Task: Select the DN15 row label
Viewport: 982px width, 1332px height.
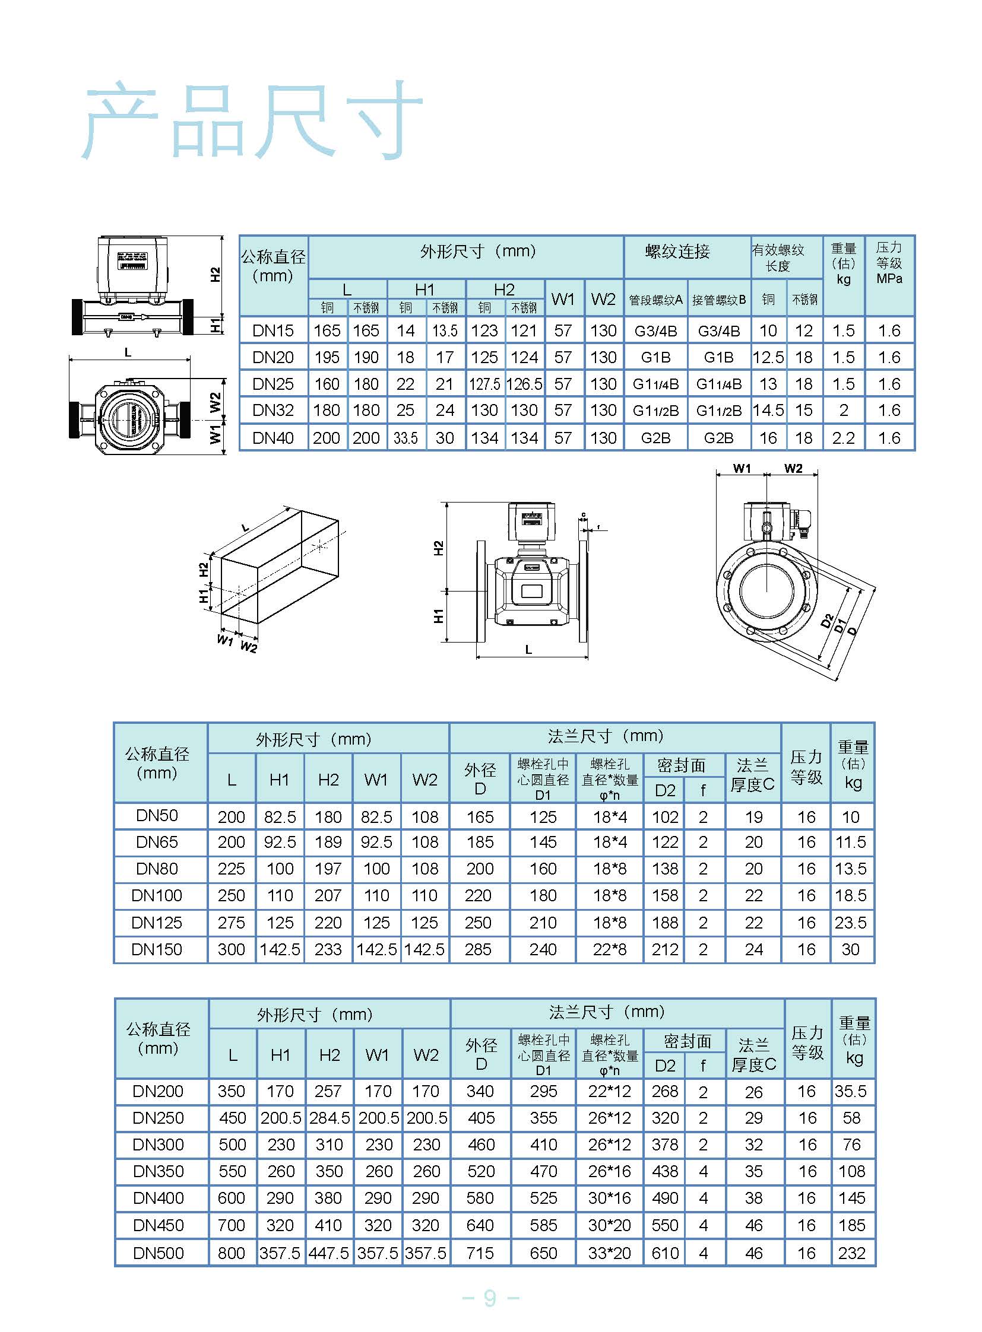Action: pyautogui.click(x=273, y=330)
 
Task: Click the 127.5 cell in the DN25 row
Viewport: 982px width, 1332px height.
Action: pyautogui.click(x=484, y=384)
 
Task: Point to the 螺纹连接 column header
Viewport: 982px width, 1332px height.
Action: pyautogui.click(x=677, y=252)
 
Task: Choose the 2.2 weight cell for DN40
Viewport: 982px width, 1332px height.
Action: pyautogui.click(x=843, y=438)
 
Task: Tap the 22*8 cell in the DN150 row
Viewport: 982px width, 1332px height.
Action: pyautogui.click(x=609, y=949)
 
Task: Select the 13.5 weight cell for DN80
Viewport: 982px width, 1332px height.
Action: pyautogui.click(x=851, y=869)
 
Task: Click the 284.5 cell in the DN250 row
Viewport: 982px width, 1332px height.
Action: pyautogui.click(x=329, y=1118)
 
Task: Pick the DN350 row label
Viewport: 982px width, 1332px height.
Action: pyautogui.click(x=158, y=1171)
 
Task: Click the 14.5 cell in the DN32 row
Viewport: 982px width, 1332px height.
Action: pyautogui.click(x=768, y=410)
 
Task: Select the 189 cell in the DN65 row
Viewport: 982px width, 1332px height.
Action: pyautogui.click(x=328, y=842)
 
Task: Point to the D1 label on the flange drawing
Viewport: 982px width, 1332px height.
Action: pyautogui.click(x=840, y=625)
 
